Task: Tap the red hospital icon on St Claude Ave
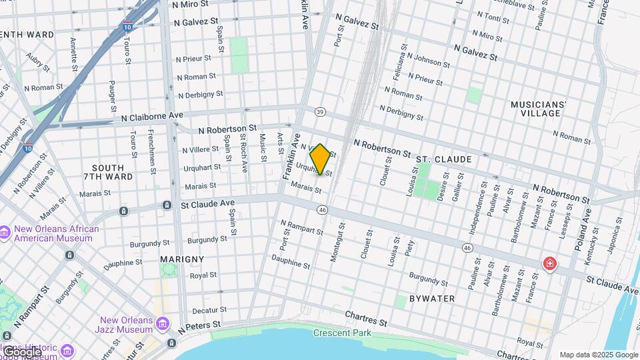pyautogui.click(x=549, y=264)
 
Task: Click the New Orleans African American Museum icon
pyautogui.click(x=5, y=231)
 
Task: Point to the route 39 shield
pyautogui.click(x=321, y=112)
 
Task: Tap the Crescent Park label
pyautogui.click(x=343, y=333)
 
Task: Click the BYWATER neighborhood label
pyautogui.click(x=432, y=298)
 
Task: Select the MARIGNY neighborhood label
pyautogui.click(x=181, y=258)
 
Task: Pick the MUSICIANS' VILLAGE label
pyautogui.click(x=538, y=109)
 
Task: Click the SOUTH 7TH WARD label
pyautogui.click(x=108, y=173)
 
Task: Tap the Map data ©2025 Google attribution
pyautogui.click(x=599, y=355)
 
